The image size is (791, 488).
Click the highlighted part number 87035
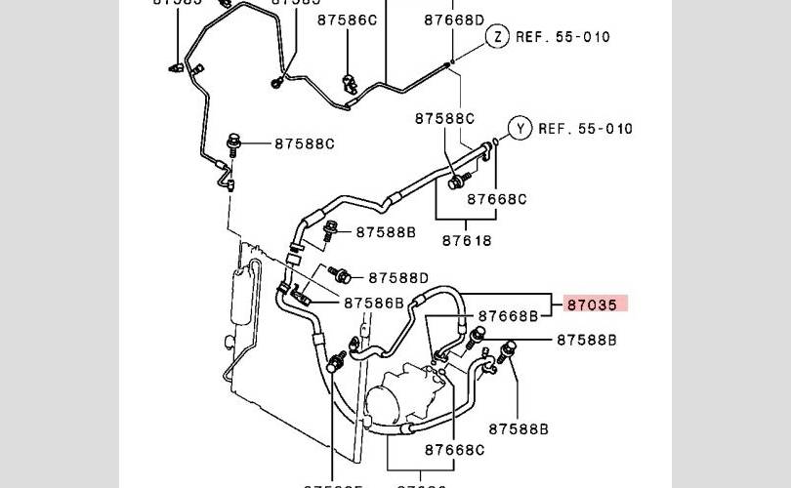pyautogui.click(x=592, y=305)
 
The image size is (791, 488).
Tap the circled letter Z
pyautogui.click(x=497, y=37)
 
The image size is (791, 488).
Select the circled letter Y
pyautogui.click(x=520, y=128)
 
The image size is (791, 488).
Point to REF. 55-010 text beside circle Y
pyautogui.click(x=586, y=128)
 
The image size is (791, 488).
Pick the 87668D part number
pyautogui.click(x=454, y=20)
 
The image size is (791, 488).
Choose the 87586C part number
pyautogui.click(x=346, y=20)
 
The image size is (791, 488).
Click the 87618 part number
pyautogui.click(x=467, y=239)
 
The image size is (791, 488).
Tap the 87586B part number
pyautogui.click(x=373, y=303)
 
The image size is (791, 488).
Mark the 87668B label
pyautogui.click(x=507, y=316)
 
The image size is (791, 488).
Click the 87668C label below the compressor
pyautogui.click(x=454, y=450)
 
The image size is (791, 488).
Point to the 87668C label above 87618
pyautogui.click(x=496, y=199)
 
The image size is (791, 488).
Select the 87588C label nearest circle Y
pyautogui.click(x=444, y=118)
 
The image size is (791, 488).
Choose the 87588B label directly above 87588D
pyautogui.click(x=386, y=232)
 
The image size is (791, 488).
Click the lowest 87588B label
pyautogui.click(x=519, y=428)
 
